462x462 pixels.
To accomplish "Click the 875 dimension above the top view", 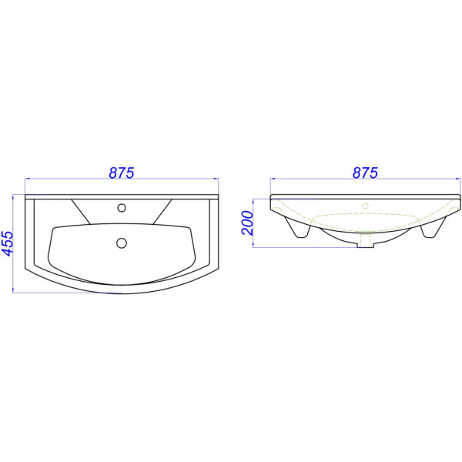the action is point(122,172).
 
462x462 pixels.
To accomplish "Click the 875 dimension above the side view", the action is point(365,172).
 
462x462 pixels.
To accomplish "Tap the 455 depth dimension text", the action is point(8,243).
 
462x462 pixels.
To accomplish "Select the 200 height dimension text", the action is point(247,223).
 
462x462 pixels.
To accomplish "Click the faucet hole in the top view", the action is point(122,208).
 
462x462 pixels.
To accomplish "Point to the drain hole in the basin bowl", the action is point(122,243).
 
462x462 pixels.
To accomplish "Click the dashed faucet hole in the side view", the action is point(365,206).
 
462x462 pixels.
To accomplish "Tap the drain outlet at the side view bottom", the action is point(365,241).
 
